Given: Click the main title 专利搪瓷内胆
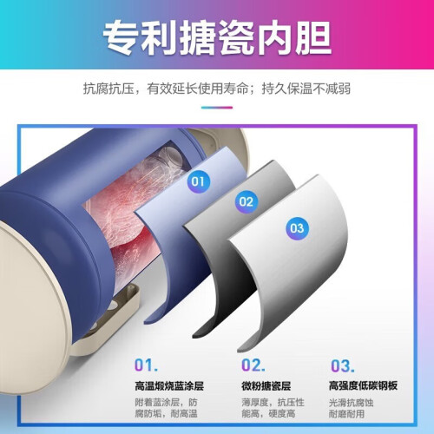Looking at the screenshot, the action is [x=217, y=37].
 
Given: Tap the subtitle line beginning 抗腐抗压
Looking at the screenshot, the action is [x=217, y=89].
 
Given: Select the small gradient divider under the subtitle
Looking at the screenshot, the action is [x=217, y=108].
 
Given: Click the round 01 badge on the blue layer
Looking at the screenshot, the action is [x=198, y=181].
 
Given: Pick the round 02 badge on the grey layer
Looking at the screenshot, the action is [x=246, y=201].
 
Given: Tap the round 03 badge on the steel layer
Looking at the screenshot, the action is [x=297, y=228].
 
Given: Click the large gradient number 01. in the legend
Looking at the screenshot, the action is [x=146, y=365].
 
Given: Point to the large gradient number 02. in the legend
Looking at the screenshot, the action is [x=253, y=365].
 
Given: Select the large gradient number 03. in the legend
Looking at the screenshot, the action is [x=343, y=365].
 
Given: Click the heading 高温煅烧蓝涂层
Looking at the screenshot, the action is [x=169, y=386].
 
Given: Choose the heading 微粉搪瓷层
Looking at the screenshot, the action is [x=266, y=386].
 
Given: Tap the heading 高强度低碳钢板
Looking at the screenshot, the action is [x=363, y=385].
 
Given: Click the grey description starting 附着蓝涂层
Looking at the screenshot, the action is [x=166, y=408].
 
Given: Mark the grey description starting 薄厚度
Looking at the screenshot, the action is [x=273, y=408].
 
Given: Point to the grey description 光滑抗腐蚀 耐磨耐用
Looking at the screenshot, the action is [x=351, y=408].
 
